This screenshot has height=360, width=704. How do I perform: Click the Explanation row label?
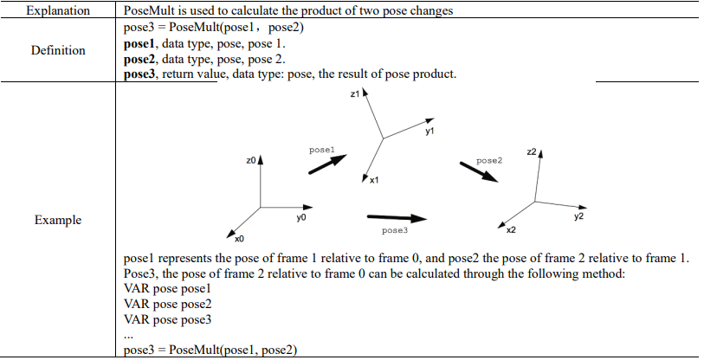coord(58,10)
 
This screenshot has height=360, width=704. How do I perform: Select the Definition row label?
coord(58,50)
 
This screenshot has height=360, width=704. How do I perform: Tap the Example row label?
coord(58,220)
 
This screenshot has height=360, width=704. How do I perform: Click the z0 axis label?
coord(251,160)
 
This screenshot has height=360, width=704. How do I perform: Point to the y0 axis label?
coord(300,218)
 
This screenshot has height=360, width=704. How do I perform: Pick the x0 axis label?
coord(239,239)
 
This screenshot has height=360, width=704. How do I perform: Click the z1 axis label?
coord(355,94)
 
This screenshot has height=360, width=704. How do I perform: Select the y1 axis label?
coord(430,132)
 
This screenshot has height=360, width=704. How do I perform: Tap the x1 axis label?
coord(374,180)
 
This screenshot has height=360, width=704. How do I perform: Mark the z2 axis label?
coord(532,152)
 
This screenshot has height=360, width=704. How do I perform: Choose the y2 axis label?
coord(578,216)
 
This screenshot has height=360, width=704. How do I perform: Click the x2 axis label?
coord(511,230)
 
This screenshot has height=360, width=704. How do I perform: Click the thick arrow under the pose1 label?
coord(328,164)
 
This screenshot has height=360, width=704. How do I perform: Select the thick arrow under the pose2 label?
coord(479,172)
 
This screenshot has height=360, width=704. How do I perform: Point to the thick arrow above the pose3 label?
coord(397,218)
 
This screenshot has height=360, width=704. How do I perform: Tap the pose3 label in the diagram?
coord(395,231)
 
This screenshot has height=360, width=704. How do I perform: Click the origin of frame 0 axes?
coord(261,208)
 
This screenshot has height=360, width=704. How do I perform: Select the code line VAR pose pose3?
coord(167,319)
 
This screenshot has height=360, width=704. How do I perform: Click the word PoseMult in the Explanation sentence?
coord(146,10)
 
